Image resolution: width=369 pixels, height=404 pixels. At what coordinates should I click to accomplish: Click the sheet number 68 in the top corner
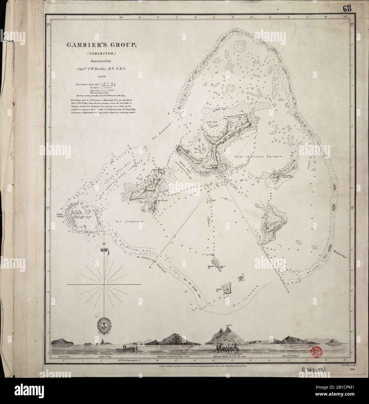(347, 8)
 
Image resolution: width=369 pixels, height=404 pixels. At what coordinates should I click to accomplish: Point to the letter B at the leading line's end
(150, 267)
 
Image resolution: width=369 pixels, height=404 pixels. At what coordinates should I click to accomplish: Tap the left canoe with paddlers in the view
(128, 348)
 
